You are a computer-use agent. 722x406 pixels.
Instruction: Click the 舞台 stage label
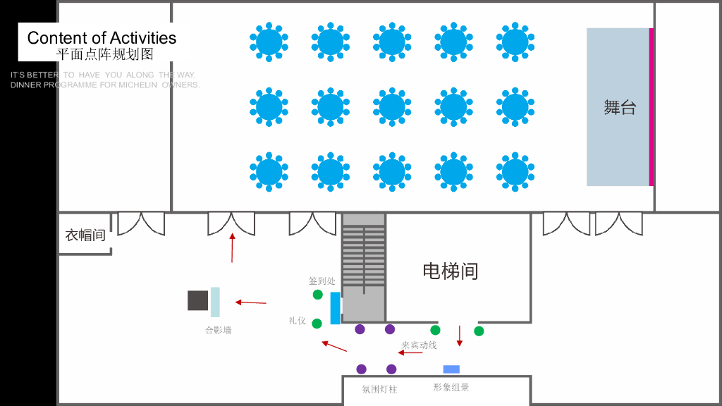tap(620, 107)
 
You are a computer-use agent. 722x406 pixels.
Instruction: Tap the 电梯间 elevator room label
tap(450, 271)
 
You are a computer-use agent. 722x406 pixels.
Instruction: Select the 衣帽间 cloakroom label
tap(85, 235)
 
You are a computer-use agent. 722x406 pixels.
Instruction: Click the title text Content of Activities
tap(102, 38)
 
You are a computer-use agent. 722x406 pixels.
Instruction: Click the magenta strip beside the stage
tap(651, 107)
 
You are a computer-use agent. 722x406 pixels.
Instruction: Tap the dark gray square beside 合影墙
tap(197, 300)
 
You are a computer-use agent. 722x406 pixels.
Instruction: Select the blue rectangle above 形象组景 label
tap(451, 369)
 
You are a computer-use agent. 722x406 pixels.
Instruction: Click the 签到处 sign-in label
tap(322, 281)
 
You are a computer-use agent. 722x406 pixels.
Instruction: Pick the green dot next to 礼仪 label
tap(317, 324)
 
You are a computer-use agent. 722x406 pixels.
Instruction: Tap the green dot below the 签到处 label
tap(318, 295)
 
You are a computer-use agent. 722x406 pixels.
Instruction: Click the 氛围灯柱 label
tap(379, 389)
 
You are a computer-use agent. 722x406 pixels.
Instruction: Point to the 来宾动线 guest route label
tap(419, 345)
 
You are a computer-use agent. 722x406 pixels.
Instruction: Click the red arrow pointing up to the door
tap(232, 247)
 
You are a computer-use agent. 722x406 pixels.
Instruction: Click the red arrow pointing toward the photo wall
tap(251, 302)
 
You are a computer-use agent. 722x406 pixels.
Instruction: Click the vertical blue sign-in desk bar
tap(335, 308)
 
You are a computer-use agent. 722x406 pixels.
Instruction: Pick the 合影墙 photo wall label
tap(218, 330)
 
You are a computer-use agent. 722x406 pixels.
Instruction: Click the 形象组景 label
tap(451, 388)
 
